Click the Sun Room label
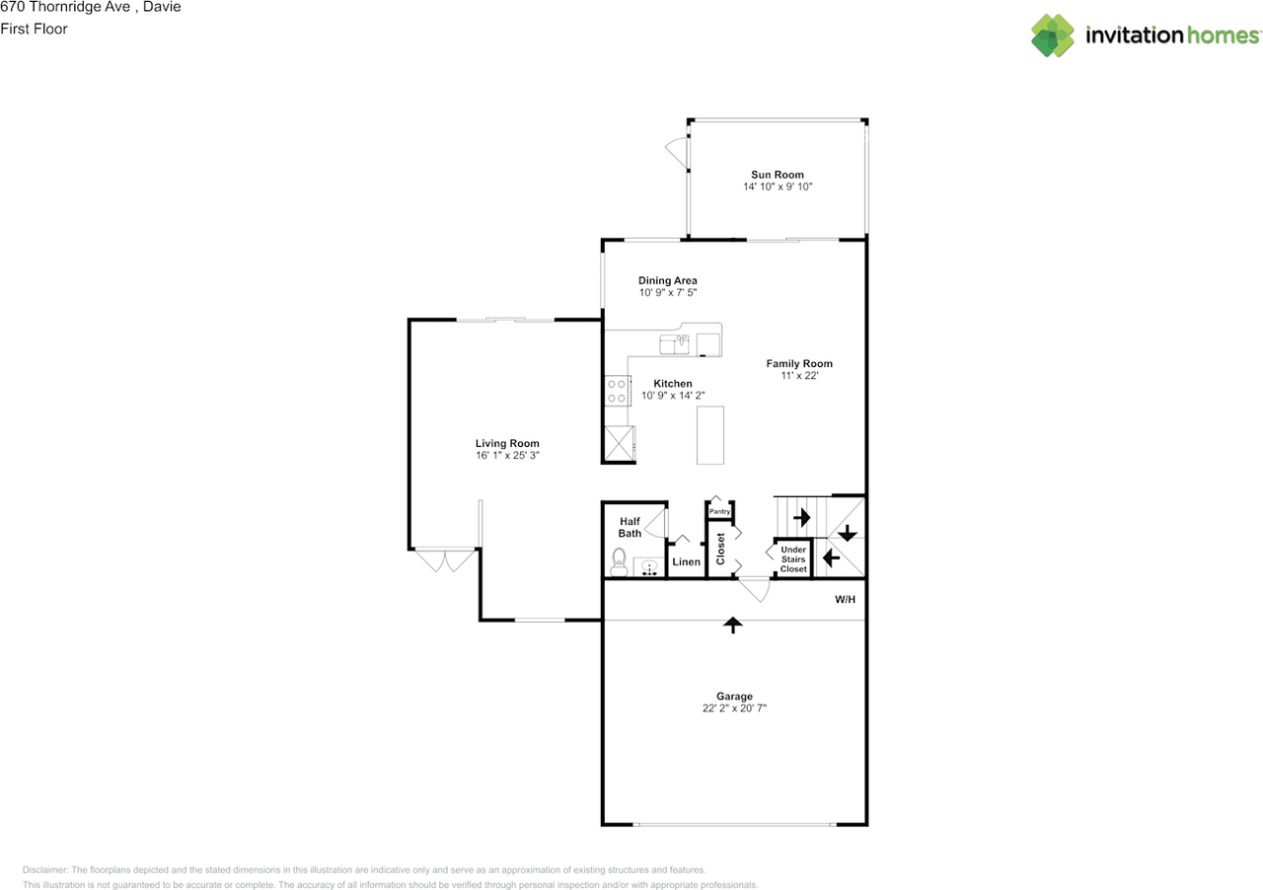[x=778, y=175]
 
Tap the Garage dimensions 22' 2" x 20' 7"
[x=734, y=708]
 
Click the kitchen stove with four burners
[x=618, y=392]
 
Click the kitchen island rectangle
[x=710, y=434]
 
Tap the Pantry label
[x=719, y=511]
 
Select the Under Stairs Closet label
[x=793, y=559]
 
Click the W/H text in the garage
[x=846, y=599]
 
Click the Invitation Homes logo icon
[x=1053, y=36]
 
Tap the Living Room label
[x=507, y=443]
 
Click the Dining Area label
[x=668, y=280]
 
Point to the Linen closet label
[x=686, y=562]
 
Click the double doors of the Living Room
[x=445, y=560]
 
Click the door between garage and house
[x=755, y=589]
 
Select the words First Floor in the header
[x=34, y=29]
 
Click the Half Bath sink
[x=649, y=567]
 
